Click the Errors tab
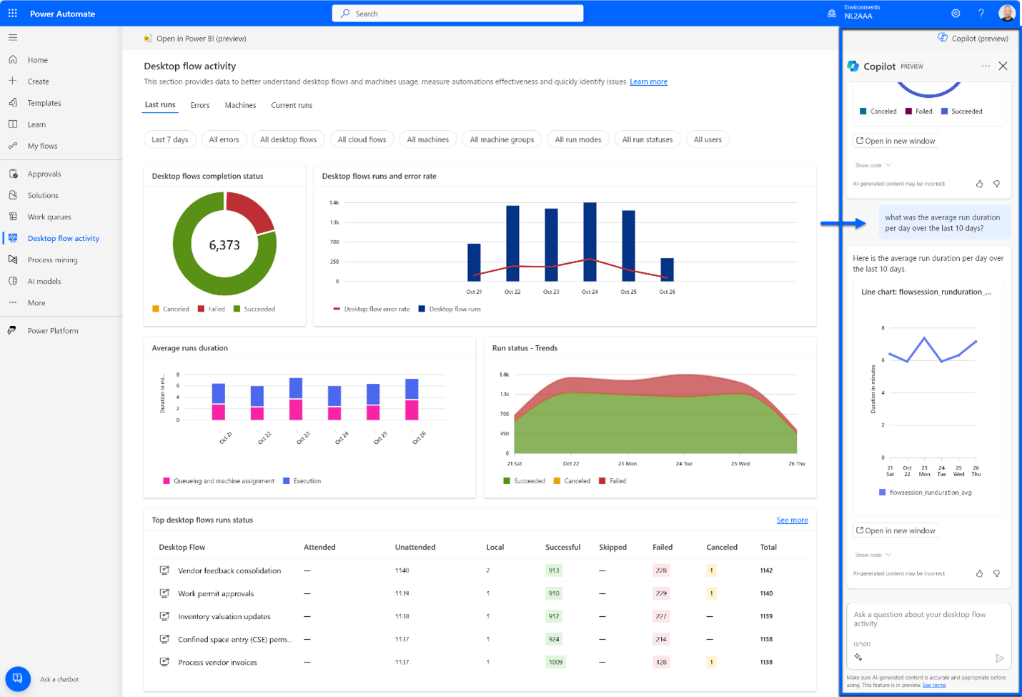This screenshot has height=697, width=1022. pyautogui.click(x=199, y=105)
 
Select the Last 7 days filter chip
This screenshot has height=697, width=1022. pyautogui.click(x=169, y=139)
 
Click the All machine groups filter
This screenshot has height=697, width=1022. pyautogui.click(x=502, y=139)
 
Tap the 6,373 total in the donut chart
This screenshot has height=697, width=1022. pyautogui.click(x=224, y=245)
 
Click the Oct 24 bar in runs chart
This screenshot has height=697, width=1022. pyautogui.click(x=590, y=242)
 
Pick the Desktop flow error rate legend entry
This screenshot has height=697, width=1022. pyautogui.click(x=372, y=309)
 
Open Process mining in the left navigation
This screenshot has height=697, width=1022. pyautogui.click(x=52, y=259)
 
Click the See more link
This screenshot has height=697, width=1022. pyautogui.click(x=792, y=520)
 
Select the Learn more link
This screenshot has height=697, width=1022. pyautogui.click(x=648, y=81)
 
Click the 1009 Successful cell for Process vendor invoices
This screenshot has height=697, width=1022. pyautogui.click(x=555, y=662)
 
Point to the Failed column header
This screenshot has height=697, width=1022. pyautogui.click(x=662, y=547)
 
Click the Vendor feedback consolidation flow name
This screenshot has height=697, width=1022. pyautogui.click(x=229, y=570)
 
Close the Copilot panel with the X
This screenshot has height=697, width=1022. pyautogui.click(x=1003, y=66)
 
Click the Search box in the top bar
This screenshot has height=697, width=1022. pyautogui.click(x=457, y=14)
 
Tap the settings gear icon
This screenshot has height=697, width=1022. pyautogui.click(x=956, y=14)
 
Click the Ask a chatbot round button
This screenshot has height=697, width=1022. pyautogui.click(x=18, y=678)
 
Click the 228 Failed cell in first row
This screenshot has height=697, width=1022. pyautogui.click(x=661, y=570)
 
